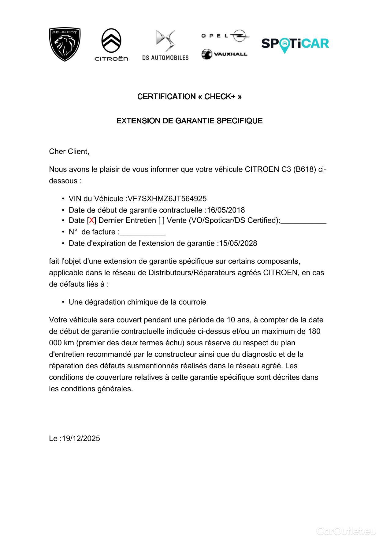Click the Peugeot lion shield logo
click(x=65, y=44)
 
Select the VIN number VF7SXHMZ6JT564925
click(x=167, y=199)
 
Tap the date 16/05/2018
click(x=226, y=210)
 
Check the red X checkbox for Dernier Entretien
click(x=91, y=220)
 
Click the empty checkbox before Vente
click(x=162, y=220)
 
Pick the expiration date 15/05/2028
click(x=238, y=243)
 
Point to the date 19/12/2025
click(x=81, y=438)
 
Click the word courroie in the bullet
click(x=193, y=302)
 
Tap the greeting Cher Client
click(x=69, y=152)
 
